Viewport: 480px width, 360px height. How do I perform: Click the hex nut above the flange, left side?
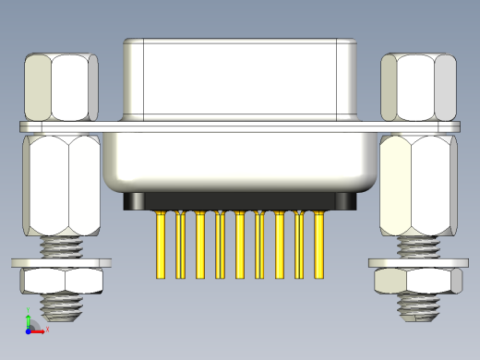tap(61, 87)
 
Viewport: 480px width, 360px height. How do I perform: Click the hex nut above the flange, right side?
tap(419, 87)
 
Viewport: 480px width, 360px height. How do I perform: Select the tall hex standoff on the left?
tap(61, 185)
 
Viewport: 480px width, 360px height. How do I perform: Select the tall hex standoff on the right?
tap(419, 185)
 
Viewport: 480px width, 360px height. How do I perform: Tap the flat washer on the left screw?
tap(61, 263)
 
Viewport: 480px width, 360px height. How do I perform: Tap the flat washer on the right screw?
tap(418, 263)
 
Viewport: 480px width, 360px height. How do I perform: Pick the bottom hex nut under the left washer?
tap(61, 281)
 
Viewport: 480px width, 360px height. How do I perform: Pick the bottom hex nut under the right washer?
tap(418, 281)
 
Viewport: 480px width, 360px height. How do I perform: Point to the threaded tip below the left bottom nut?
tap(61, 305)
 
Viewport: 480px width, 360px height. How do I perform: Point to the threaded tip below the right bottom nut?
tap(418, 306)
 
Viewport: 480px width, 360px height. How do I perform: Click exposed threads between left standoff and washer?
tap(61, 246)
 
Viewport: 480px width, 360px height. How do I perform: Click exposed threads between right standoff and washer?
tap(418, 246)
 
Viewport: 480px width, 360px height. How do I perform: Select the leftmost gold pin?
tap(161, 245)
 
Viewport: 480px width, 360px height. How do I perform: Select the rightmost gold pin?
tap(319, 245)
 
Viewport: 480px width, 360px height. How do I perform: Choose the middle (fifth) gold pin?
tap(240, 245)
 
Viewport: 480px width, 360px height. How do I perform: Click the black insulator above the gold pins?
tap(240, 201)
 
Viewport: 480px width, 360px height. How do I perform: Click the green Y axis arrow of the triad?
tap(29, 317)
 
